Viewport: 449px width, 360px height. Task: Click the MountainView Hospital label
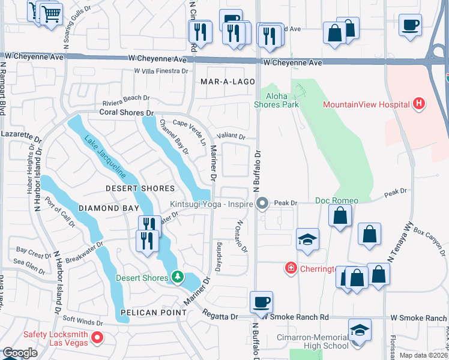(x=366, y=104)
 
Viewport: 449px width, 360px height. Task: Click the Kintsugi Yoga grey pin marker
(x=262, y=205)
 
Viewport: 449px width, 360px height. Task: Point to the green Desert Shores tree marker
(x=177, y=277)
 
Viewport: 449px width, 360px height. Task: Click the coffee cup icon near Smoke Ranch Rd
(x=261, y=301)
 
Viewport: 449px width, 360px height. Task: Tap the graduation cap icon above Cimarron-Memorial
(x=360, y=329)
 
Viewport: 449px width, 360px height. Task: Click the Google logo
(x=20, y=353)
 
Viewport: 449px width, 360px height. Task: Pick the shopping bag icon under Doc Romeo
(x=340, y=216)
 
